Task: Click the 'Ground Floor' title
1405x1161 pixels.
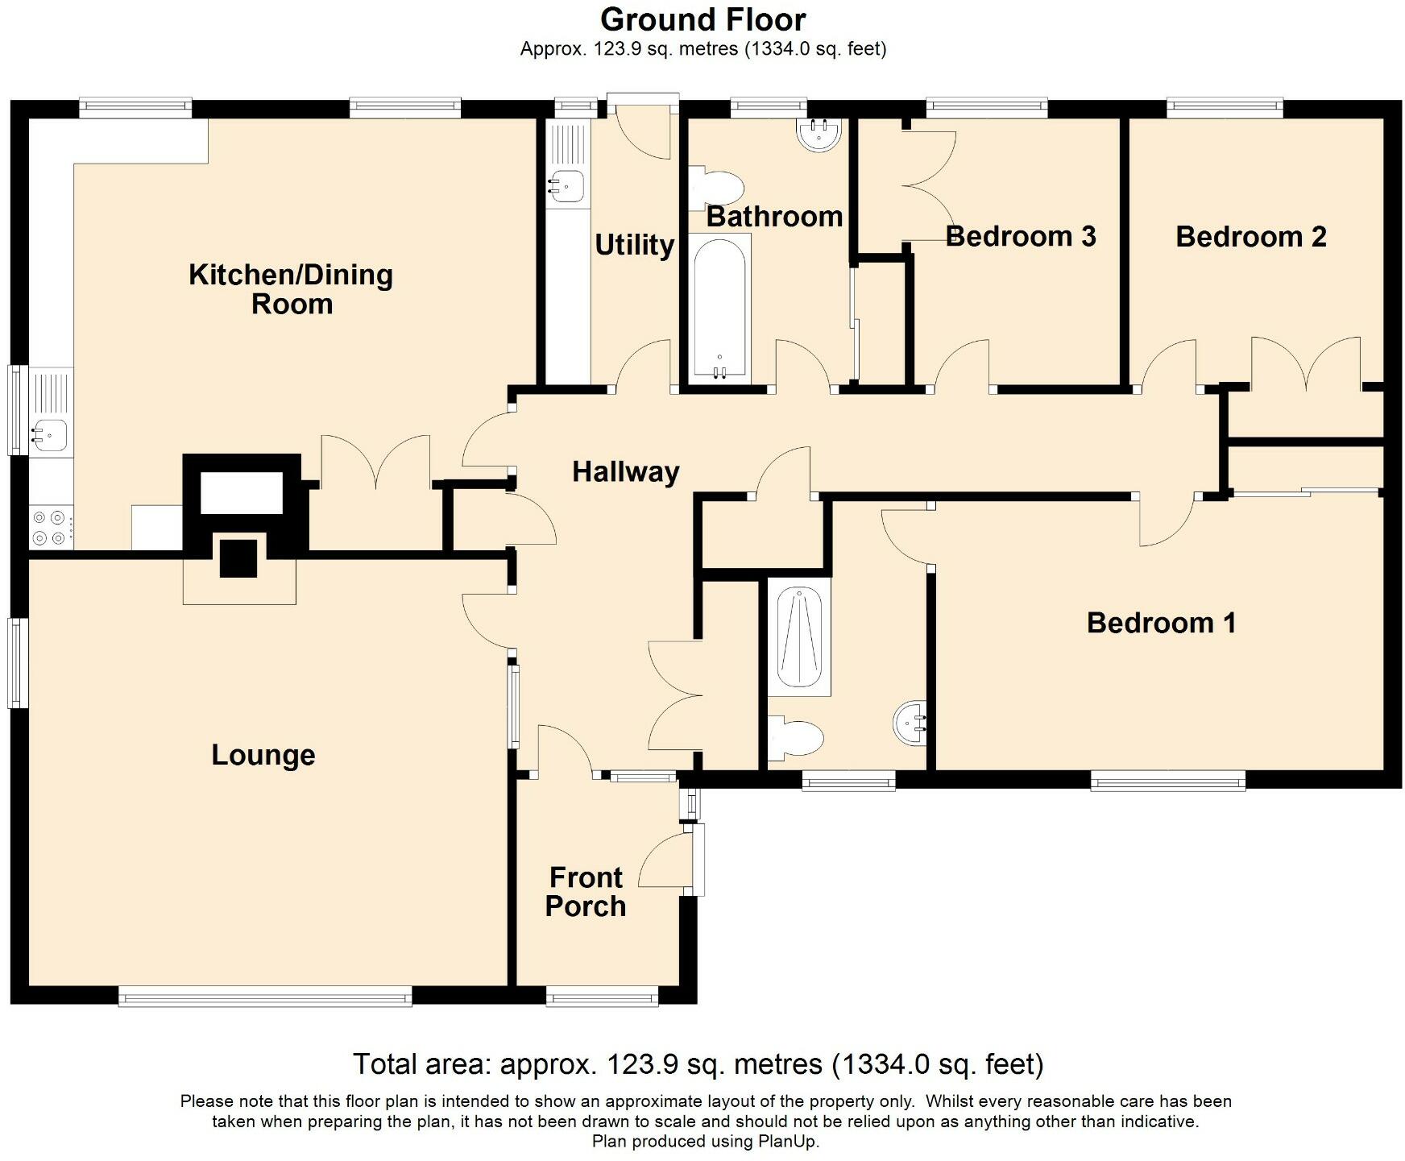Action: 702,19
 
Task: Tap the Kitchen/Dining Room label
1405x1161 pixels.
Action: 291,289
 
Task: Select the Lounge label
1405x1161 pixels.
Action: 263,755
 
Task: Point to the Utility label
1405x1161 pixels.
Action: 634,244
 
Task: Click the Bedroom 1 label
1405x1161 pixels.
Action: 1161,622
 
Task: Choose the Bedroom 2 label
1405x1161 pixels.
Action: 1250,236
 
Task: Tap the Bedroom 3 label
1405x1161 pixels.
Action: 1021,236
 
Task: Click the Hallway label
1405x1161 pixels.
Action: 626,471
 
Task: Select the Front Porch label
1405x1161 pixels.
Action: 586,891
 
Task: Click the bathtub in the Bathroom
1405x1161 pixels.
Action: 719,308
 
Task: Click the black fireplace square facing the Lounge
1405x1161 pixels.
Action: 238,558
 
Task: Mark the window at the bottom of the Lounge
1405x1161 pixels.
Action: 265,997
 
